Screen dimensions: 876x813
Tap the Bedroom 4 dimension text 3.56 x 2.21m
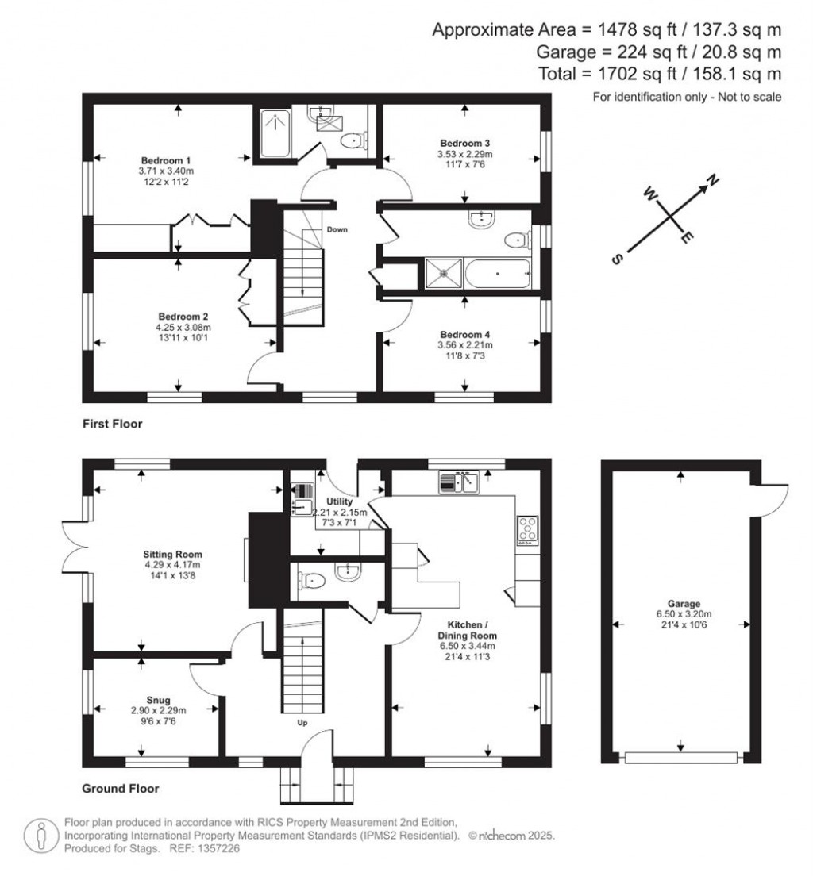click(x=464, y=345)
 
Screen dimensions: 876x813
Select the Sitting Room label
click(x=172, y=554)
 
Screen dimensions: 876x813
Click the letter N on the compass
click(x=713, y=182)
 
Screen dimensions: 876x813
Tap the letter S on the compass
click(x=618, y=259)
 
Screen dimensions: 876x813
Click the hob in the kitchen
click(x=527, y=529)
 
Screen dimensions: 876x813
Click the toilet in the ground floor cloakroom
click(x=313, y=582)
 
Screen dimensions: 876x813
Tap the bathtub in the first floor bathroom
click(x=497, y=274)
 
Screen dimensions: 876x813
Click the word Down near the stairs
click(x=336, y=229)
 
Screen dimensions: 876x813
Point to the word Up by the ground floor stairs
click(x=302, y=723)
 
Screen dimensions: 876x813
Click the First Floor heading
click(x=112, y=425)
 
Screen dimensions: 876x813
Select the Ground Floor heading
click(x=121, y=789)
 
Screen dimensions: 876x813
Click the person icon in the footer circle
click(x=40, y=836)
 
